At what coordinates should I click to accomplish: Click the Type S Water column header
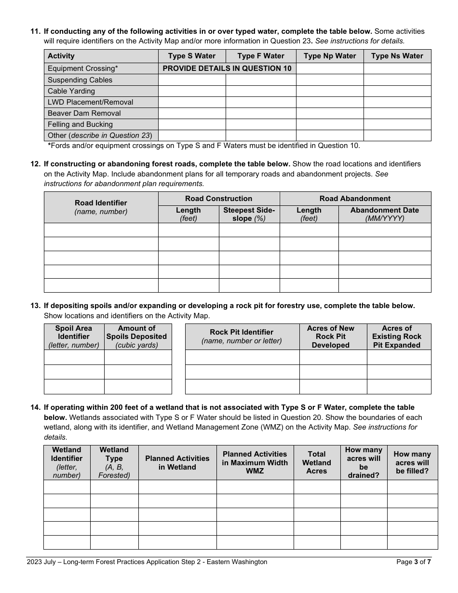click(x=192, y=56)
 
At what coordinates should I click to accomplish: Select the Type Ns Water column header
click(x=397, y=56)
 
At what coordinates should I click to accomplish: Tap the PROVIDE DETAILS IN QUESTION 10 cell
click(x=227, y=68)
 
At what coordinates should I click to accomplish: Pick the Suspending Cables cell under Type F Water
click(x=261, y=80)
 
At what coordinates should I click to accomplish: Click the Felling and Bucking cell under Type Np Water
click(x=330, y=124)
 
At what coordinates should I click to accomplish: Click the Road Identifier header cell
click(x=101, y=207)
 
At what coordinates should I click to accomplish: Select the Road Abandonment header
click(x=355, y=199)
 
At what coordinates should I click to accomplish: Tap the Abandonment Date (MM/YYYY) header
click(x=384, y=214)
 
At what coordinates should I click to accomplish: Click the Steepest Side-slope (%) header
click(x=249, y=214)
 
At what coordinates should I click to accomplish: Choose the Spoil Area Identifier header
click(x=74, y=337)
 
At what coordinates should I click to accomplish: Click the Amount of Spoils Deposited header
click(x=136, y=337)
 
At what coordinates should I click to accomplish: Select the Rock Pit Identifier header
click(x=242, y=337)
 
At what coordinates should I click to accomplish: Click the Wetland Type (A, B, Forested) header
click(x=114, y=462)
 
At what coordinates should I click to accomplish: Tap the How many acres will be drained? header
click(x=364, y=462)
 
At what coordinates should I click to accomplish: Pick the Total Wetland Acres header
click(x=317, y=462)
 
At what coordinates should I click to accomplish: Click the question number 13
click(x=35, y=306)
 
